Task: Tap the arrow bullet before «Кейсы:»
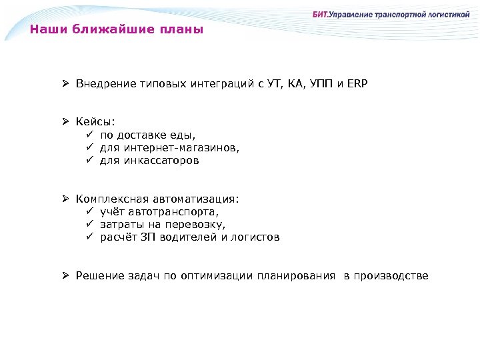point(67,122)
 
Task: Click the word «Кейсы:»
point(95,122)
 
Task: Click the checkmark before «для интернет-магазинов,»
point(90,148)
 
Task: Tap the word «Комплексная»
point(112,199)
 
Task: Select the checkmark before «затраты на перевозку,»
point(90,224)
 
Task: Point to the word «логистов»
point(257,237)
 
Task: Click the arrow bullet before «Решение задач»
point(67,275)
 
